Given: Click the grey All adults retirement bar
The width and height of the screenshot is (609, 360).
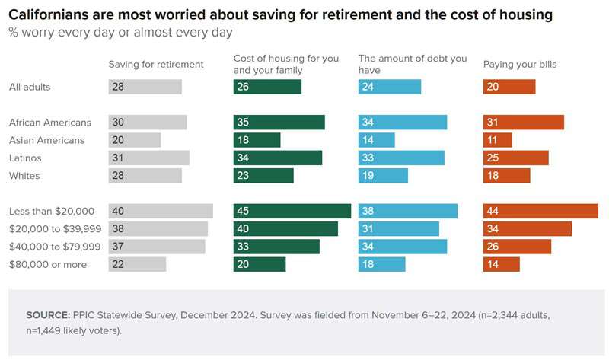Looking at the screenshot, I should click(x=145, y=87).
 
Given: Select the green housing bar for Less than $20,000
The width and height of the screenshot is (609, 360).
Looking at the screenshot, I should click(x=292, y=211).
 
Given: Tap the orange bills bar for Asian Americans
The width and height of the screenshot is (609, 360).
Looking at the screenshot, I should click(x=498, y=140).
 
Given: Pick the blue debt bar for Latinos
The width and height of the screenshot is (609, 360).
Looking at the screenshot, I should click(x=401, y=158).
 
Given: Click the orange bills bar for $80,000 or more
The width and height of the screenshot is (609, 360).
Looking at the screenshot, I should click(x=502, y=264).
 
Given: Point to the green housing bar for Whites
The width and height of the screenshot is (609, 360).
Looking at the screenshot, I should click(x=263, y=176).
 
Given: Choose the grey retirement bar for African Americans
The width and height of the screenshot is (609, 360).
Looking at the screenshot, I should click(x=148, y=123).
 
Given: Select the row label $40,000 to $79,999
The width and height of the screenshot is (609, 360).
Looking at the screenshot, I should click(x=54, y=247).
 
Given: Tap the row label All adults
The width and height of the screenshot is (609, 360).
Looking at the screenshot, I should click(x=30, y=87).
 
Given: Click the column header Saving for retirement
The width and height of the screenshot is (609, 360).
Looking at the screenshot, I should click(x=156, y=65).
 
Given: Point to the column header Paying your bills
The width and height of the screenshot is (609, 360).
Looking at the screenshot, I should click(x=520, y=65).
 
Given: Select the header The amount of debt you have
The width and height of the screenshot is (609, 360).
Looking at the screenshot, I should click(x=401, y=64).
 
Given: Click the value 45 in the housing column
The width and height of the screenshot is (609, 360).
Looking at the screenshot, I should click(x=243, y=211).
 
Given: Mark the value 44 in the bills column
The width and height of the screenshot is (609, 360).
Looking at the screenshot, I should click(x=493, y=211).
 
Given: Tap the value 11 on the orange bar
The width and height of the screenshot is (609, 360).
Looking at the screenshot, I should click(x=492, y=140).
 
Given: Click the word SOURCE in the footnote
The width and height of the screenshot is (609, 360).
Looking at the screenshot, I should click(x=47, y=314).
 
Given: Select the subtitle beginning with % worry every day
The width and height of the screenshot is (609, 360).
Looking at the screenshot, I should click(x=120, y=33).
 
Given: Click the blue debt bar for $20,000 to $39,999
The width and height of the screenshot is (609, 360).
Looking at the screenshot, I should click(x=399, y=229).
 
